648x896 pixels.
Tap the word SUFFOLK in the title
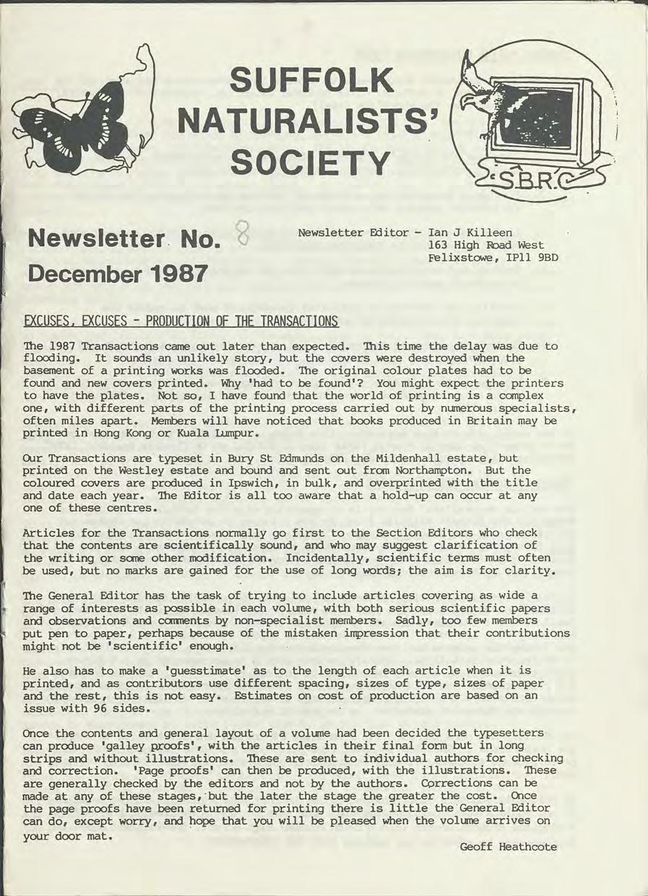(x=311, y=81)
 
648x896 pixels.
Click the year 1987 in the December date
(x=178, y=275)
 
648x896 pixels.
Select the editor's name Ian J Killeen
(x=470, y=233)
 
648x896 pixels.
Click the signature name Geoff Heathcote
(x=508, y=847)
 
